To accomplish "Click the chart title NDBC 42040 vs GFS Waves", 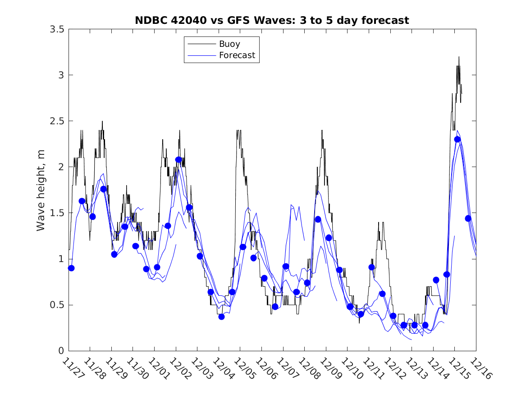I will [272, 20].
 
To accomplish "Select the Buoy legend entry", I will [229, 44].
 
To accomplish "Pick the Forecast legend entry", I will [237, 55].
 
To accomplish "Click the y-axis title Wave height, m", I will [41, 190].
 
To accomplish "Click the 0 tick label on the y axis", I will [61, 351].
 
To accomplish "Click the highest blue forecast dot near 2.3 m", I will [457, 139].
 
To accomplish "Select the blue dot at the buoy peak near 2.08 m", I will [178, 159].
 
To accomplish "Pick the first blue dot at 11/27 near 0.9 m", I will [71, 268].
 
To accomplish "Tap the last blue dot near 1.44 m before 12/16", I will [468, 218].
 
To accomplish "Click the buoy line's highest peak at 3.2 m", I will [459, 57].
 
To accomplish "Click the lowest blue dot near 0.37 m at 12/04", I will [221, 317].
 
